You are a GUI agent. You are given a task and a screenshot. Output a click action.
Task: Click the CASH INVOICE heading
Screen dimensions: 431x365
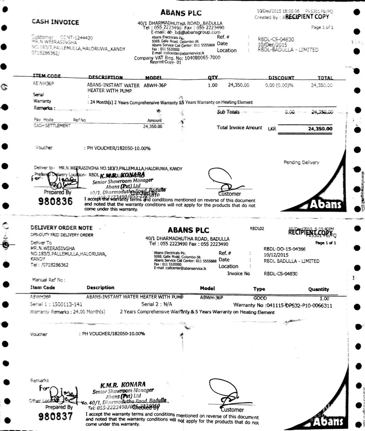[x=55, y=22]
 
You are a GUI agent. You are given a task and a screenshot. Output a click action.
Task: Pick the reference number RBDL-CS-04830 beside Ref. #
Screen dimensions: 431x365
[x=276, y=39]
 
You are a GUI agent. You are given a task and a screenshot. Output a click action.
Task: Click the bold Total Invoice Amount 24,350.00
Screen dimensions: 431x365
[x=320, y=128]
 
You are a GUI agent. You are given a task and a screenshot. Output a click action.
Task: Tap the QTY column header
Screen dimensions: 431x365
[x=213, y=78]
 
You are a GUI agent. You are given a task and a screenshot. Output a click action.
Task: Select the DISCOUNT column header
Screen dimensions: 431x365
[x=281, y=78]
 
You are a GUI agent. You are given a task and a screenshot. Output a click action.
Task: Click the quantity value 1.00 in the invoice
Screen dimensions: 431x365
[x=212, y=85]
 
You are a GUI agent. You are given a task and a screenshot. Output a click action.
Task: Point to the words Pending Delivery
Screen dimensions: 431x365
[x=301, y=162]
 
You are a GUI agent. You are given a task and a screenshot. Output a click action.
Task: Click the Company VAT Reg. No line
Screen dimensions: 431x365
[x=177, y=58]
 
